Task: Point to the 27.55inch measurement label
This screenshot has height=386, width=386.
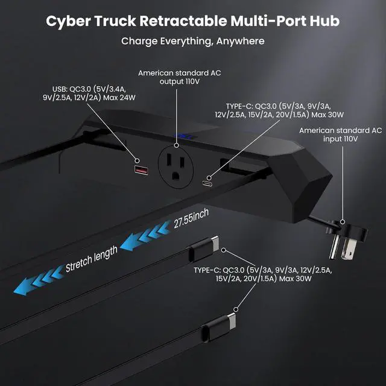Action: (x=191, y=218)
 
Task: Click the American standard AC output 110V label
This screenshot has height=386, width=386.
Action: (x=176, y=77)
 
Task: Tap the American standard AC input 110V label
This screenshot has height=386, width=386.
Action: (x=341, y=134)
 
